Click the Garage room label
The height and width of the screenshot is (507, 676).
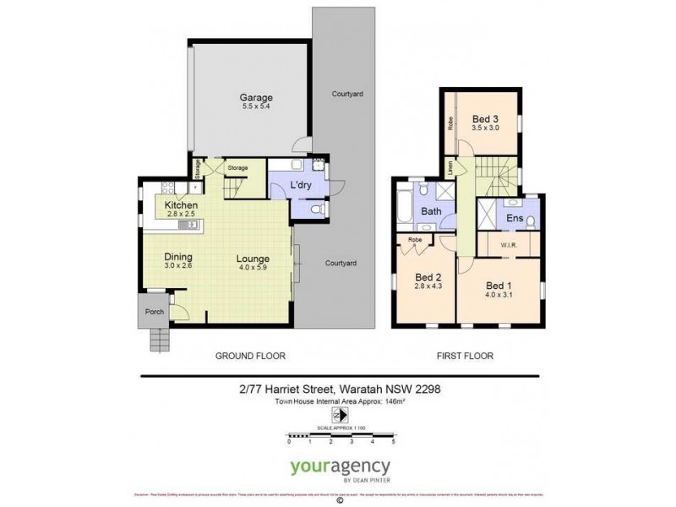256,97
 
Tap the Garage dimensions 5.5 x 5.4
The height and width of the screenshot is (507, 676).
256,107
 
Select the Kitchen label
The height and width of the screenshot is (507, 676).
181,205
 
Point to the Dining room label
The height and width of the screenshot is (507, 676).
179,257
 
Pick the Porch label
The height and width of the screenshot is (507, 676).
155,310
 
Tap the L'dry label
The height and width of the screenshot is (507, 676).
302,184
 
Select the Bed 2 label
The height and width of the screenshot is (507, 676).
429,277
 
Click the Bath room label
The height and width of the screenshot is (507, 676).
432,211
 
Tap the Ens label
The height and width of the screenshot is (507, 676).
515,218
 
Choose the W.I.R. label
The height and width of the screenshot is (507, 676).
509,246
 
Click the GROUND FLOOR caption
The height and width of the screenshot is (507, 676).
251,356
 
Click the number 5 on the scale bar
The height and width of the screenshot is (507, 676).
393,442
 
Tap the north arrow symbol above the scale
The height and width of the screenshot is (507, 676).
340,414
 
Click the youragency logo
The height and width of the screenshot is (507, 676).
340,467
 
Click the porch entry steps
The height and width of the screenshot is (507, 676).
161,341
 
